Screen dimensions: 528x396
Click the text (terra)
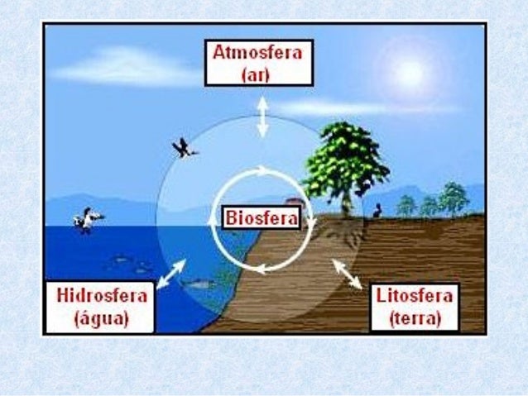point(414,317)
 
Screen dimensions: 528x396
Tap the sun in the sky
point(409,74)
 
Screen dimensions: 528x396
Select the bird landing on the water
point(87,220)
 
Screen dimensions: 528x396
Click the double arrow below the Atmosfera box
point(262,117)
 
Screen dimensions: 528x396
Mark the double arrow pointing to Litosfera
point(347,274)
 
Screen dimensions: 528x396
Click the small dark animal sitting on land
point(377,211)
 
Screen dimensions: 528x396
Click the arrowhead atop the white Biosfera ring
point(263,171)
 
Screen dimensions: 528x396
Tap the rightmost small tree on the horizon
point(454,198)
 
